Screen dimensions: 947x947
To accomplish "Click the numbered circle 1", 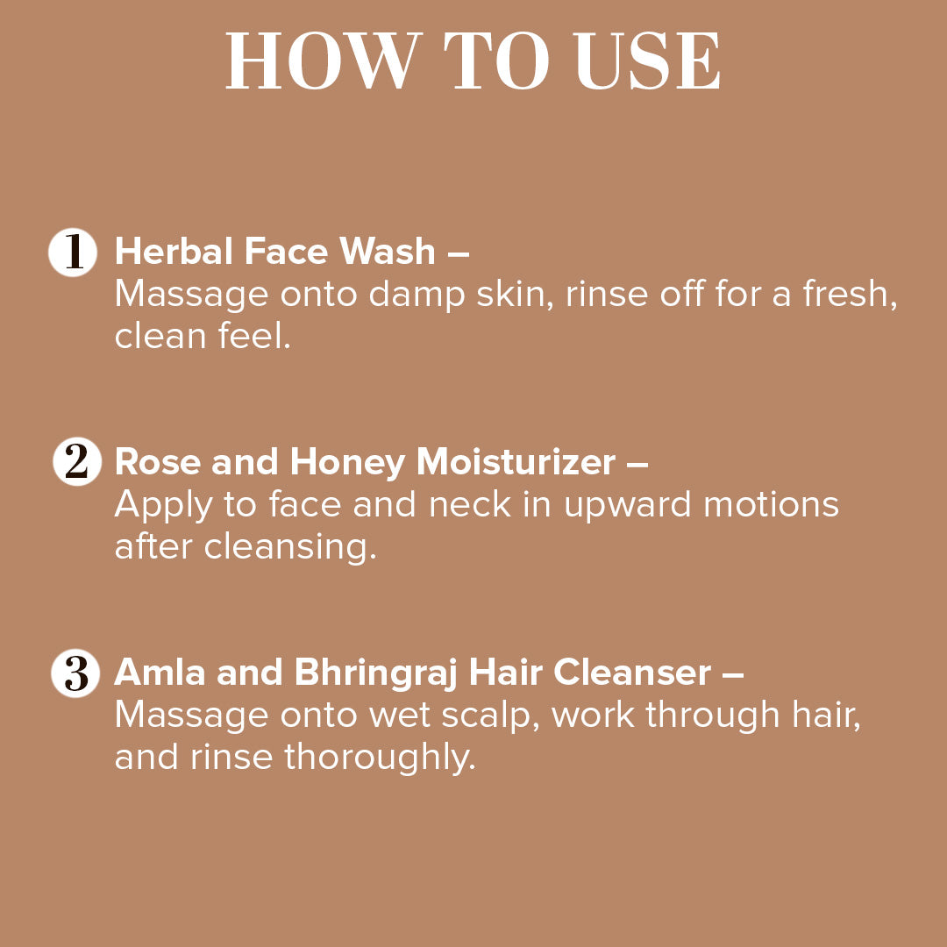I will click(x=73, y=253).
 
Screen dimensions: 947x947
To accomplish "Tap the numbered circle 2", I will click(x=76, y=463).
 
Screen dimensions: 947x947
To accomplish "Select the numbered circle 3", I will click(x=75, y=673).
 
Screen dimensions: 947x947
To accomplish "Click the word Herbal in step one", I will click(x=174, y=253).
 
